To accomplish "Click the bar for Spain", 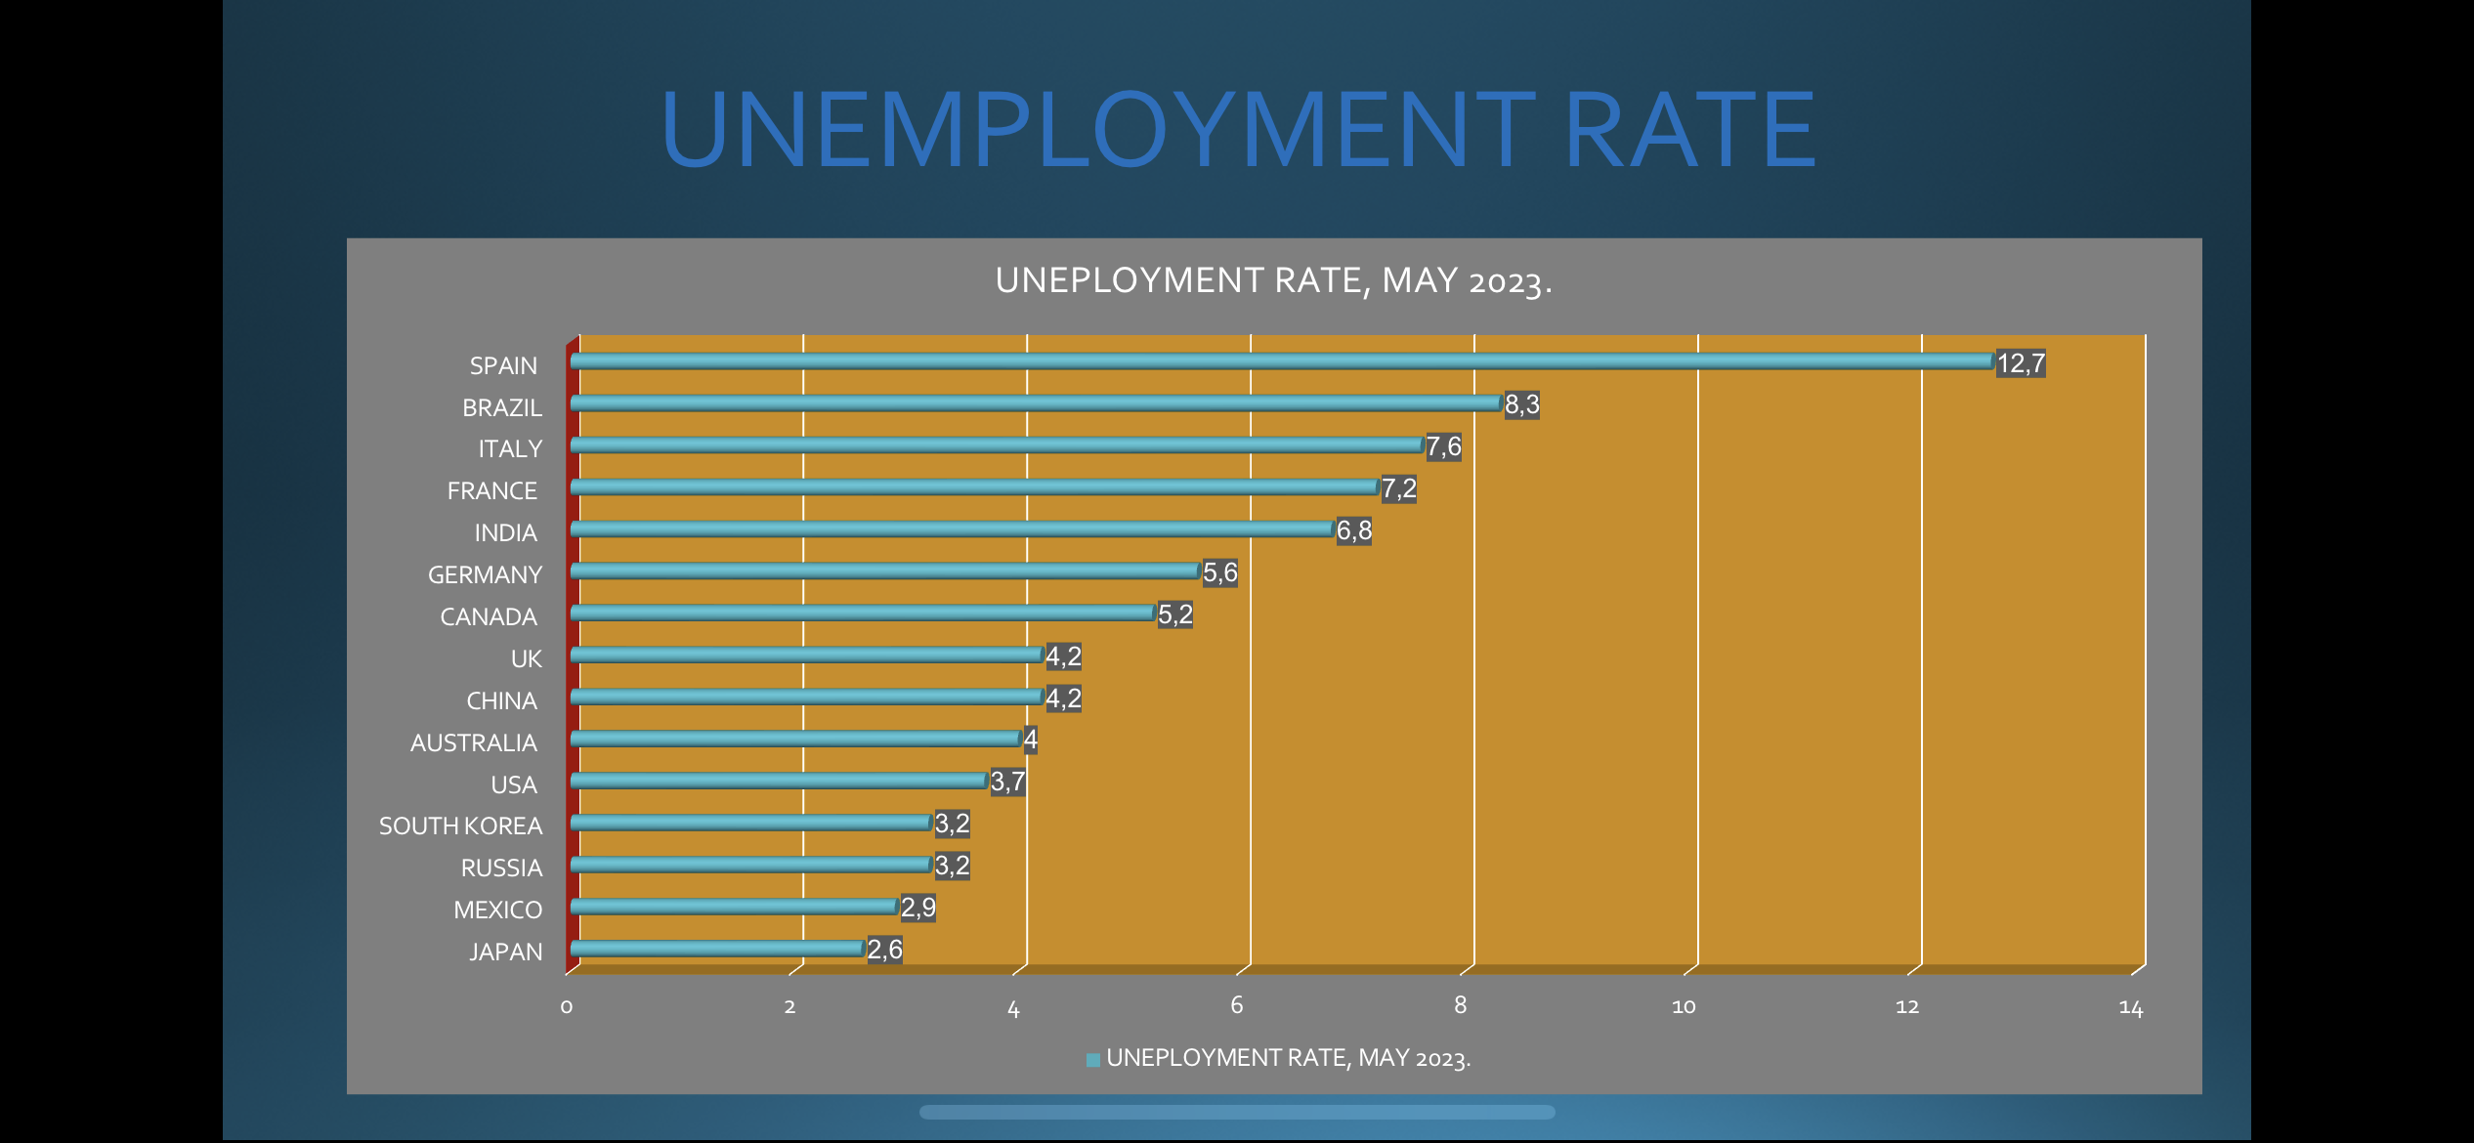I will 1280,361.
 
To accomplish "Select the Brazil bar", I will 1036,403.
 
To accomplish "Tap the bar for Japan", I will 717,948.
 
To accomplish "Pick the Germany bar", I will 884,571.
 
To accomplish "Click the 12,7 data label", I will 2021,363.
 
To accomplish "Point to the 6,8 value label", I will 1353,530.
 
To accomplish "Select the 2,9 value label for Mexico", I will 917,908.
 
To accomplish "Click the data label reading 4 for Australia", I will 1030,740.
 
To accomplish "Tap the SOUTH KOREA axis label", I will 460,826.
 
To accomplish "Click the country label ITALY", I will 509,449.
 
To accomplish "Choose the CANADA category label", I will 489,617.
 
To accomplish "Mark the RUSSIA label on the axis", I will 501,868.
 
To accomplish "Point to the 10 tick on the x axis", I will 1684,1007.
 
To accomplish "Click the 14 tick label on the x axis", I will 2130,1007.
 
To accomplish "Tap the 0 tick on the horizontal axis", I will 567,1007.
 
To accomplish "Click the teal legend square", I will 1093,1060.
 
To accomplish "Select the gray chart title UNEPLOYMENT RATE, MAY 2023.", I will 1273,281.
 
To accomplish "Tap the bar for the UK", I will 806,655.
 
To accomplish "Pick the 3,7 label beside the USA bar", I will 1007,782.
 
